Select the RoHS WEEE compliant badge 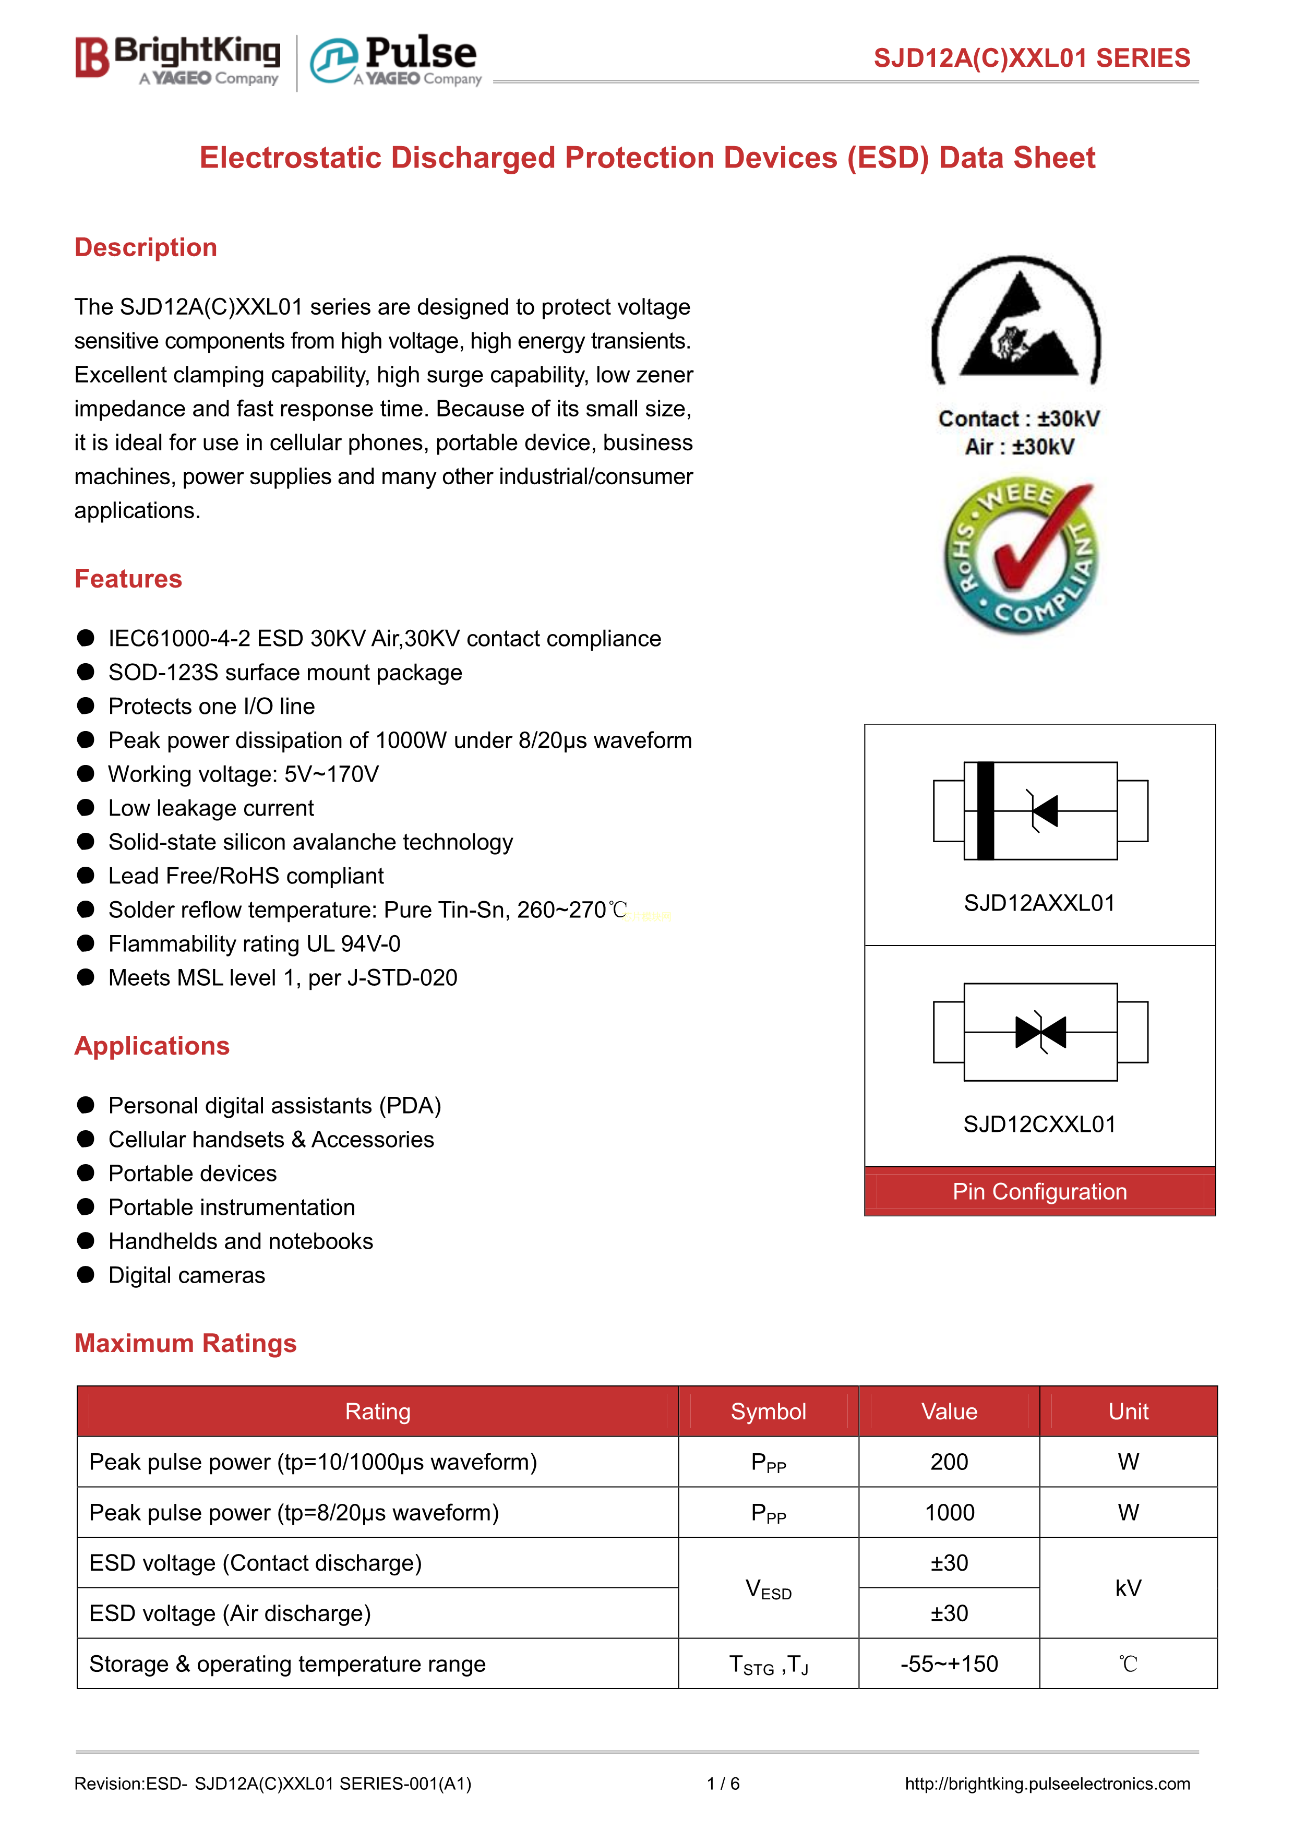point(1020,556)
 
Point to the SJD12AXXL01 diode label point(1039,903)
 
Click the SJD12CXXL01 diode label point(1039,1124)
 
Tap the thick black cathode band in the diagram point(986,810)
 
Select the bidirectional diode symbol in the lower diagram point(1040,1032)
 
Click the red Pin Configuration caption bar point(1039,1192)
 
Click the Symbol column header point(768,1412)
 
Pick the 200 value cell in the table point(949,1462)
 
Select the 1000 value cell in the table point(949,1513)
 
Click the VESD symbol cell point(768,1588)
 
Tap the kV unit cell point(1128,1588)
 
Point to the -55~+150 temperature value point(949,1664)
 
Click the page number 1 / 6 point(723,1784)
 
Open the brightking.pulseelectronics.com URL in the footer point(1047,1784)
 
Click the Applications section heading point(152,1046)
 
